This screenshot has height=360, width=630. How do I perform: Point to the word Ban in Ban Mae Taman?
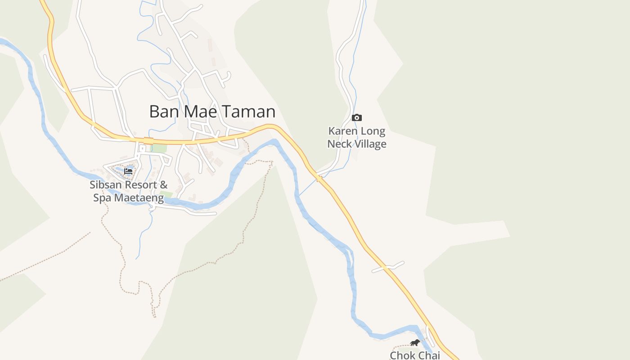(161, 112)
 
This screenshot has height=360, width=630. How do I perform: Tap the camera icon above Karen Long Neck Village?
(357, 118)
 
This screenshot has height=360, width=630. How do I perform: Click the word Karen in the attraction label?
(344, 131)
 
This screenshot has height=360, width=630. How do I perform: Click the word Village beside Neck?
(372, 144)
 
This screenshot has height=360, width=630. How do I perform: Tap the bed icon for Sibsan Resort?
(128, 171)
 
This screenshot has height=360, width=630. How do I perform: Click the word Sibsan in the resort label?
(105, 184)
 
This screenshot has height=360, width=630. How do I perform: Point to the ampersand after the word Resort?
(164, 184)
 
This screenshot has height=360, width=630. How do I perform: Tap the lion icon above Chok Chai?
(414, 343)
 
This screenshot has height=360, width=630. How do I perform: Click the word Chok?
(402, 355)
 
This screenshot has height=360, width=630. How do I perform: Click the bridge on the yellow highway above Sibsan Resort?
(148, 141)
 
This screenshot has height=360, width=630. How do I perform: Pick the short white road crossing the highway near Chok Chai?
(388, 267)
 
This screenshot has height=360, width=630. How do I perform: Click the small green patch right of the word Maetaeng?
(166, 194)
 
